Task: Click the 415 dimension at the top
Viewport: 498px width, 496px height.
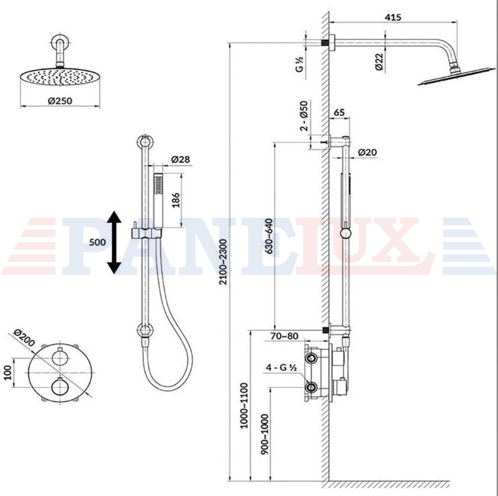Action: point(393,17)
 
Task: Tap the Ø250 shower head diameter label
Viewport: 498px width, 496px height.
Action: point(60,101)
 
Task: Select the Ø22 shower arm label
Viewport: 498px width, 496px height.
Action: point(379,62)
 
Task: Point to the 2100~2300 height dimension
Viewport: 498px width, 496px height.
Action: point(224,262)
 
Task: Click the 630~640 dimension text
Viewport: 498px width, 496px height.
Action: point(269,236)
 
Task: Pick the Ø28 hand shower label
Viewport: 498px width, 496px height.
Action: point(181,159)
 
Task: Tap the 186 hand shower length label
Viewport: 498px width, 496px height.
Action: point(176,200)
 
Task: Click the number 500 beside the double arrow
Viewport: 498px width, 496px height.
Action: point(97,242)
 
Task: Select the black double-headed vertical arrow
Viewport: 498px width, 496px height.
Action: point(114,242)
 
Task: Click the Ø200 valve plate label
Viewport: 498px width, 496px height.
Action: point(24,338)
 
